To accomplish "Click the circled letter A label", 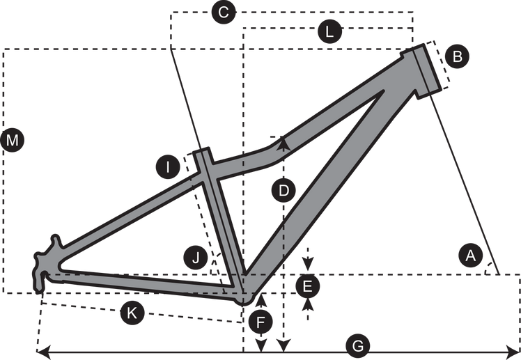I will click(x=472, y=256).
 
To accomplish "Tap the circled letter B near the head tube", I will click(x=457, y=57).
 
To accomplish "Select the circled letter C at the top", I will click(x=224, y=13).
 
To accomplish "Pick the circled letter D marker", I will click(x=281, y=190).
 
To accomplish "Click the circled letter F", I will click(x=260, y=322).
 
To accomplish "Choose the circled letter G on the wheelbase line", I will click(x=357, y=345).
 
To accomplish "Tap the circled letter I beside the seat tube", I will click(x=168, y=166).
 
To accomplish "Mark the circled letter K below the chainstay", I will click(x=131, y=313).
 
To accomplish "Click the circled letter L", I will click(x=329, y=31).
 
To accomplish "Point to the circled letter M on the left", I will click(x=13, y=141).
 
